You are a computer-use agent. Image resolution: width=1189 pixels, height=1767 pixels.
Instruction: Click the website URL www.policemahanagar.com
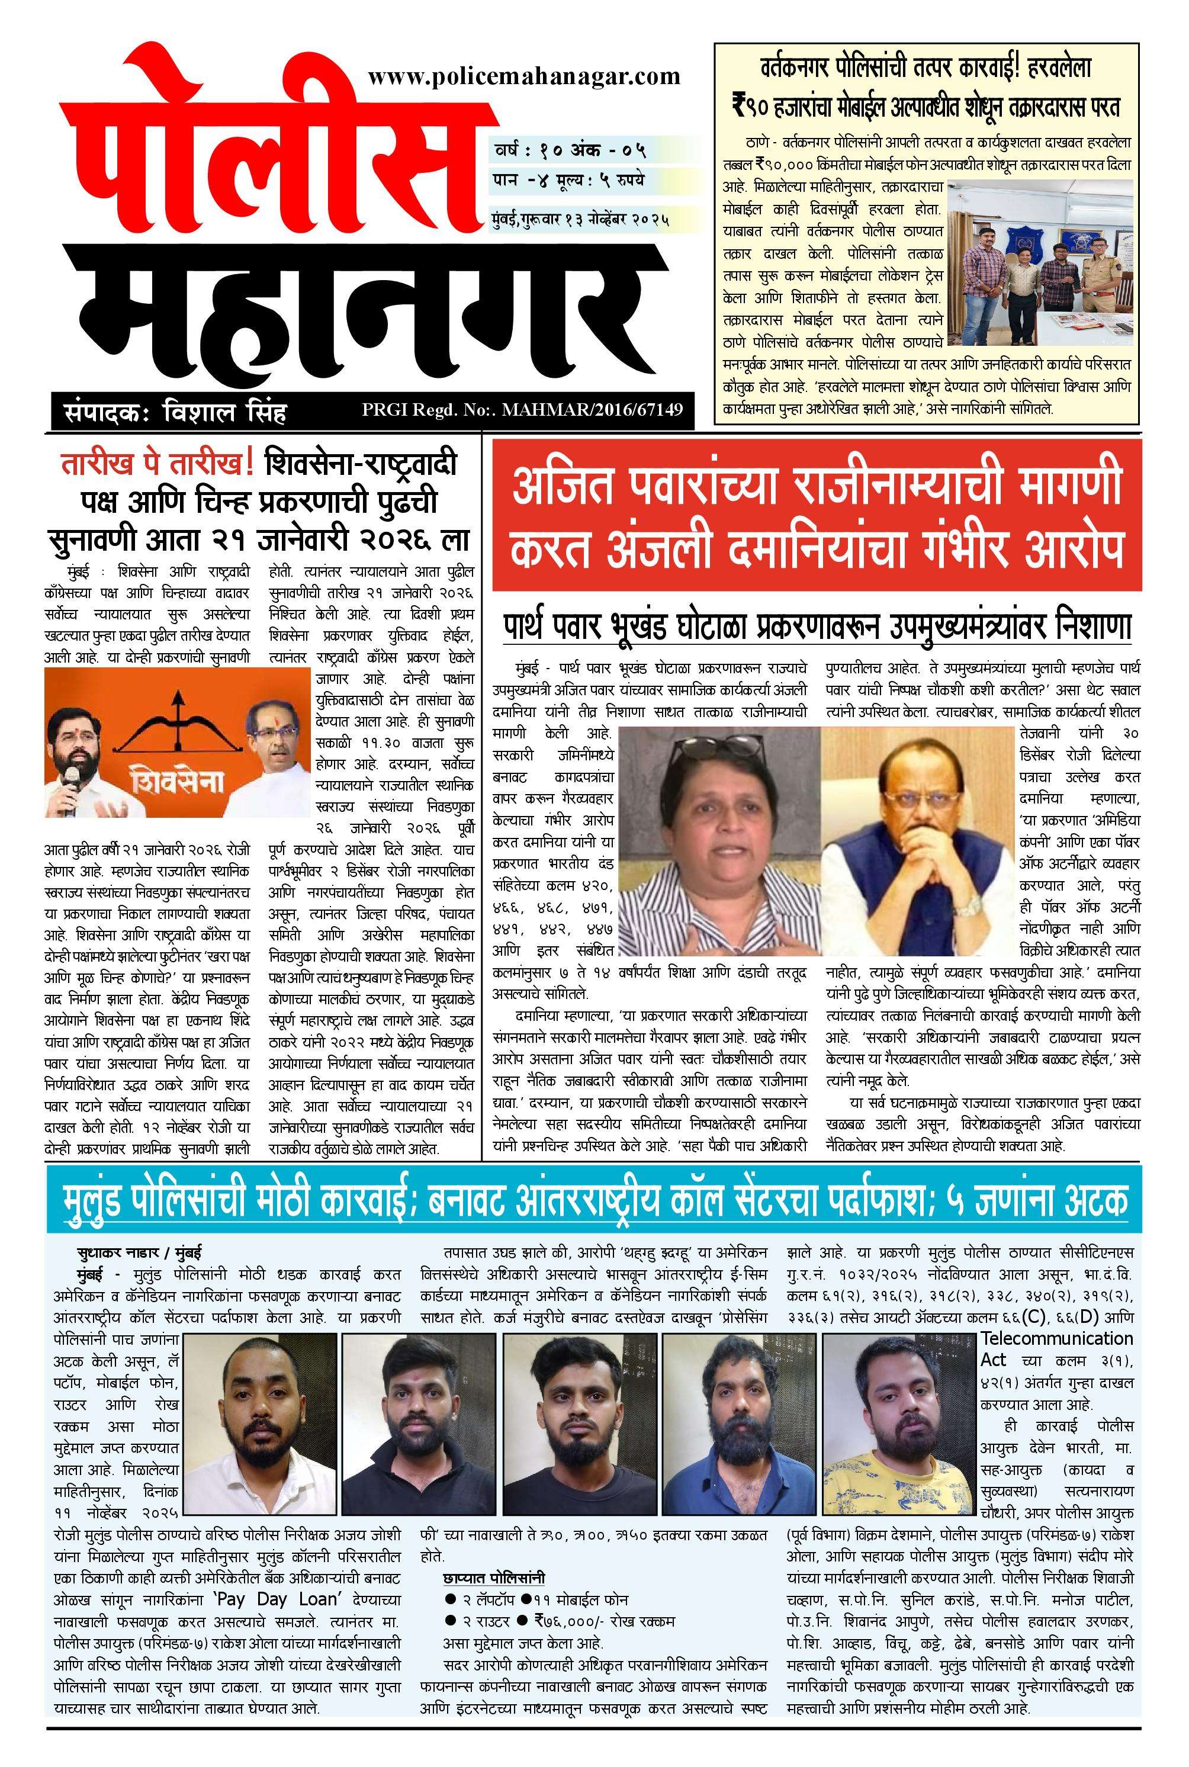click(523, 76)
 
